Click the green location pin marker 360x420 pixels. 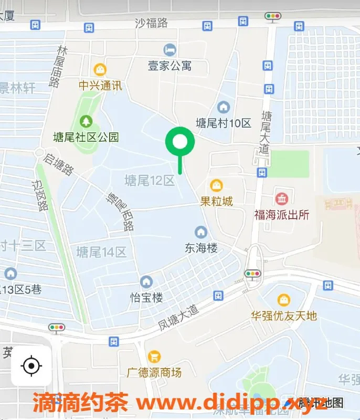point(180,142)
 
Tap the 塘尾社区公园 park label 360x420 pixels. point(86,138)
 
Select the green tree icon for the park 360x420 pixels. point(86,122)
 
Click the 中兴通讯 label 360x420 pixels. point(100,85)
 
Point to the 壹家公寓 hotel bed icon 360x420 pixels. point(169,50)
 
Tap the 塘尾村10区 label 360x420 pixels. point(224,123)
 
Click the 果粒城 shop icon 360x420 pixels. point(216,185)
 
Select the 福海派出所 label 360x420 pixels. point(282,215)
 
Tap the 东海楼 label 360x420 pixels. point(200,248)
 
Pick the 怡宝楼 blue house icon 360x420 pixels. point(146,282)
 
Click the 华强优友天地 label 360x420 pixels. point(283,316)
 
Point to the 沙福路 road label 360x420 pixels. point(151,23)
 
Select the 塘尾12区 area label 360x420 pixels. point(149,181)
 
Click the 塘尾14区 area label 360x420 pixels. point(101,252)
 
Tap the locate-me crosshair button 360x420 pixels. point(31,365)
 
